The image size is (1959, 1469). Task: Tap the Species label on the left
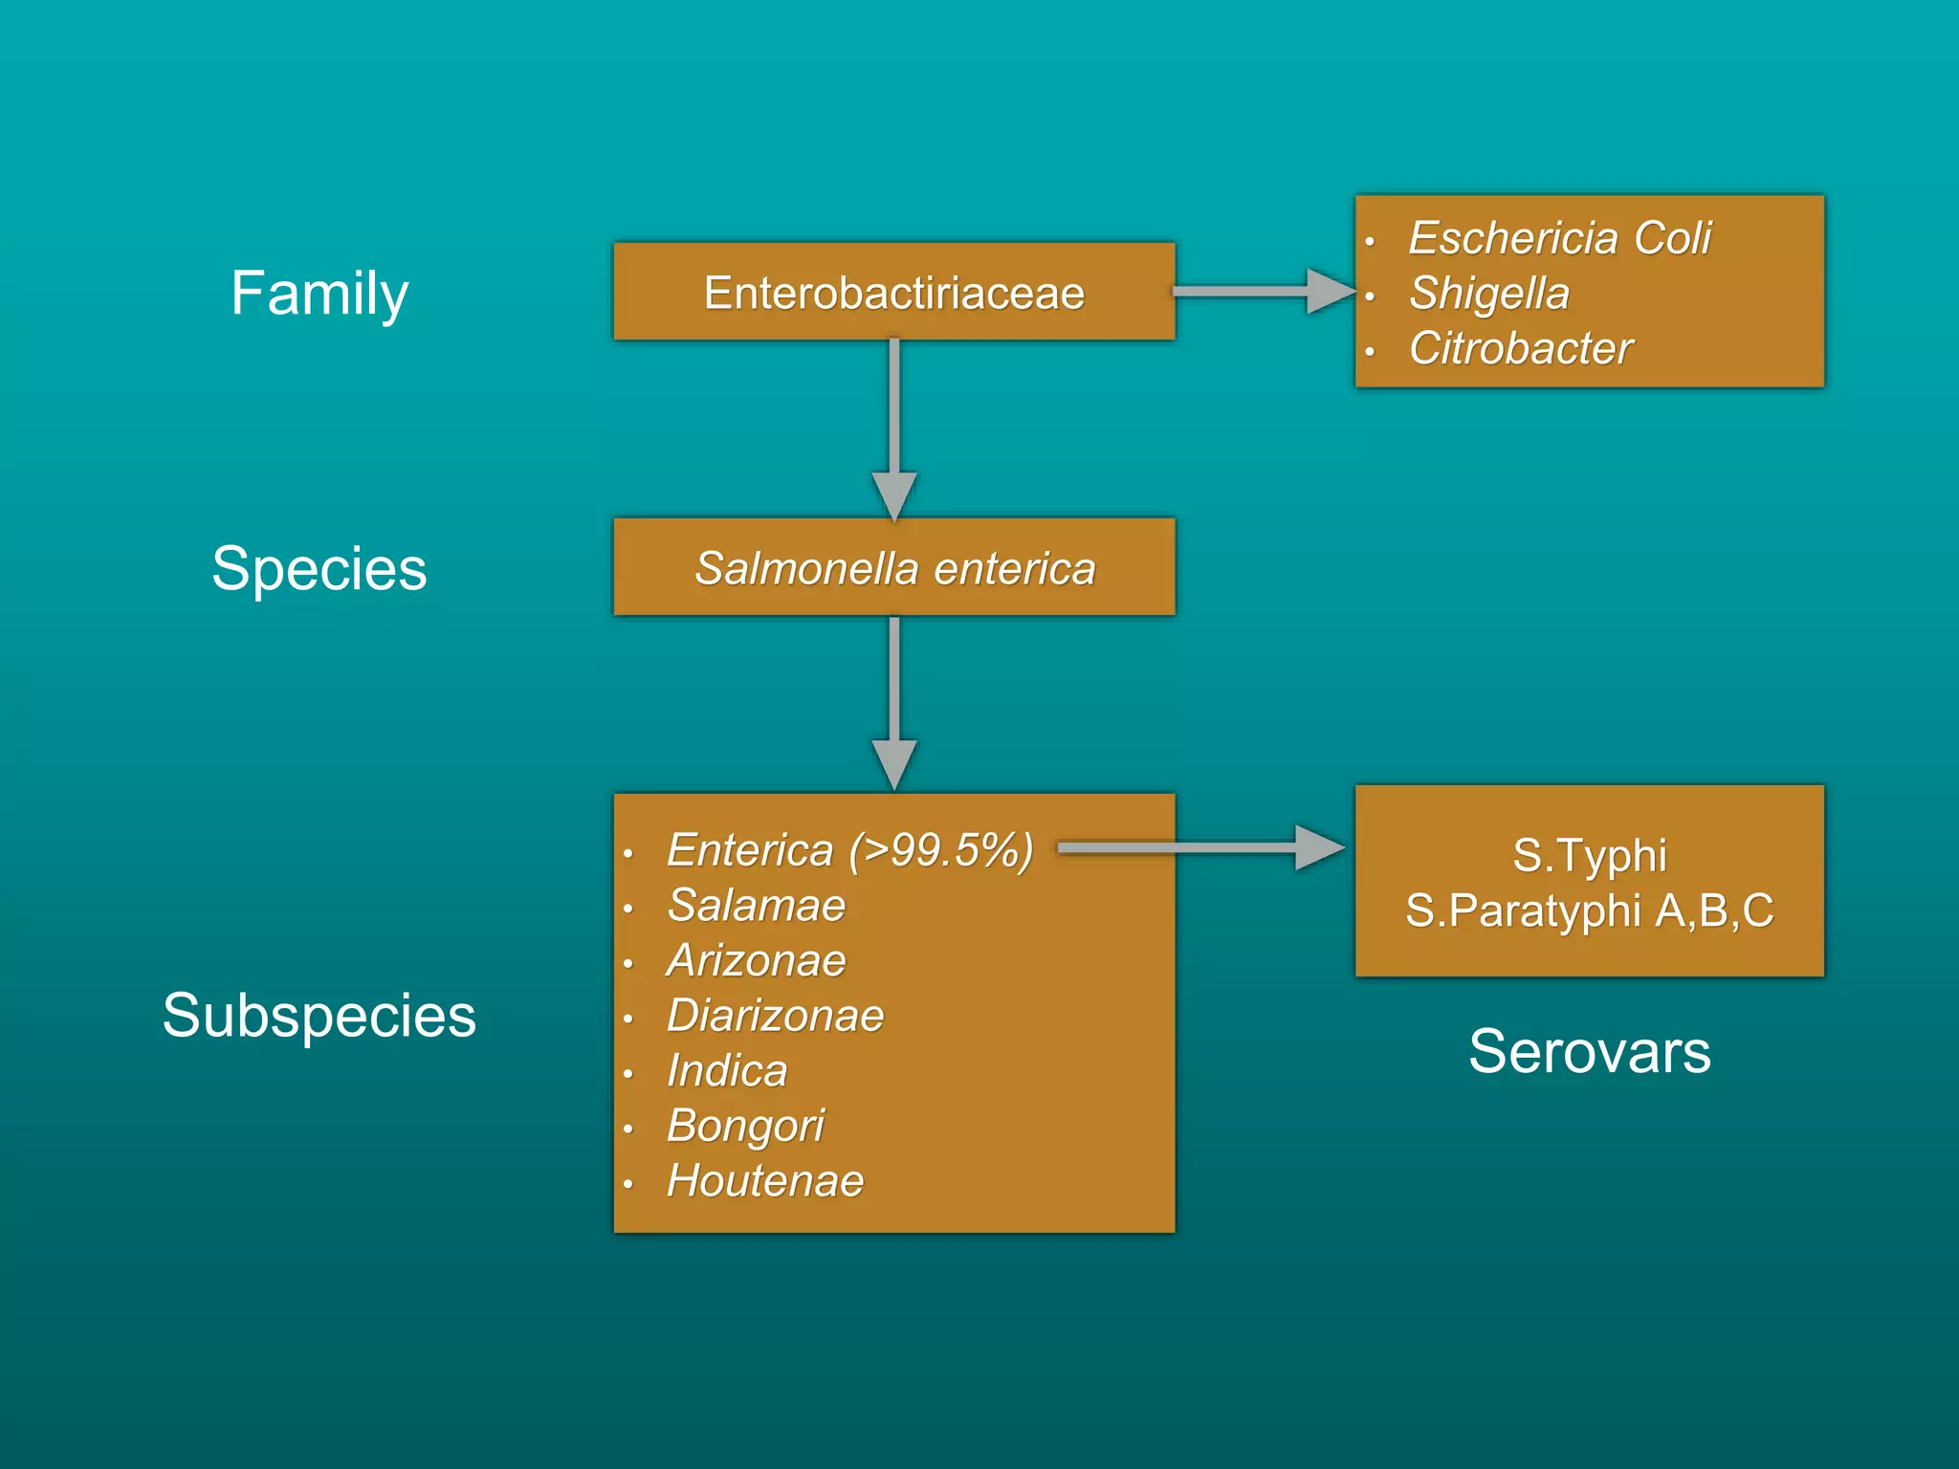click(319, 568)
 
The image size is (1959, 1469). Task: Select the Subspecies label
click(319, 1015)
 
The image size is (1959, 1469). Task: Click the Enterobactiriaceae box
click(894, 292)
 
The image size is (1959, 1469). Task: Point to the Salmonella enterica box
click(894, 568)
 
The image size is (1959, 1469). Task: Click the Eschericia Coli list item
click(1559, 237)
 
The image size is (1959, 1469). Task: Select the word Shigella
click(1488, 293)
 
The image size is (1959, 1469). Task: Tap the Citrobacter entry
click(1520, 348)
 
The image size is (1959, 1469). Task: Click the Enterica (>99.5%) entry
click(849, 850)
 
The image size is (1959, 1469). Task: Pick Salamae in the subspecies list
click(756, 905)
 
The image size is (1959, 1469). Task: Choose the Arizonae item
click(756, 960)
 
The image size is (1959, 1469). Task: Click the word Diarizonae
click(775, 1015)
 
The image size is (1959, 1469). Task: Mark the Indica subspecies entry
click(727, 1070)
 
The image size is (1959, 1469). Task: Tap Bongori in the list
click(745, 1126)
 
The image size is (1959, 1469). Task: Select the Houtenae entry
click(765, 1180)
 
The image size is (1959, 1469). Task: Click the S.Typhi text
click(1589, 854)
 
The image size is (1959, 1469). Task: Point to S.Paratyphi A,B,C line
click(1589, 910)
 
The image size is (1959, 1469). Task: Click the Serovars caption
click(1589, 1051)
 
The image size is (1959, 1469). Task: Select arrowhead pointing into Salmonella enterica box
click(894, 495)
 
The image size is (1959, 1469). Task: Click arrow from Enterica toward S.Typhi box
click(1196, 847)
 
